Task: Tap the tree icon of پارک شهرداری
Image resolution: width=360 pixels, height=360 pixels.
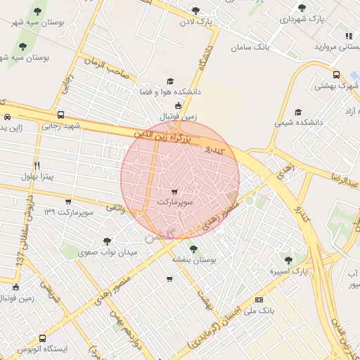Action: (x=302, y=8)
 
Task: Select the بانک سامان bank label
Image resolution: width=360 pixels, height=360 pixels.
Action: (x=250, y=47)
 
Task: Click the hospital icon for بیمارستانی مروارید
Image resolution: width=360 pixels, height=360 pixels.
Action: (x=347, y=35)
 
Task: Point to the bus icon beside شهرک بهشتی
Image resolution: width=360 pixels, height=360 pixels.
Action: (x=336, y=75)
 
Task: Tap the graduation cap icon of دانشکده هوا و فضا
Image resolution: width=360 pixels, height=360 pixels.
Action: (x=169, y=82)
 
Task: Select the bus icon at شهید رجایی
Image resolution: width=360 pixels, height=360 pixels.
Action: (x=60, y=115)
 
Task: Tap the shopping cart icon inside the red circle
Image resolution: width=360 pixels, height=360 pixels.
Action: (x=174, y=191)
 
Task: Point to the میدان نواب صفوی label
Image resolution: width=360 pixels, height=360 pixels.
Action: (x=86, y=252)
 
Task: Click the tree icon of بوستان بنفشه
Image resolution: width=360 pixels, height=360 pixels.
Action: (x=193, y=248)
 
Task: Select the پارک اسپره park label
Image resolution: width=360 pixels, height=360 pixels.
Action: (x=289, y=271)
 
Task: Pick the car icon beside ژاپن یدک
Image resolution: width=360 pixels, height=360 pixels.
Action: (x=7, y=117)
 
